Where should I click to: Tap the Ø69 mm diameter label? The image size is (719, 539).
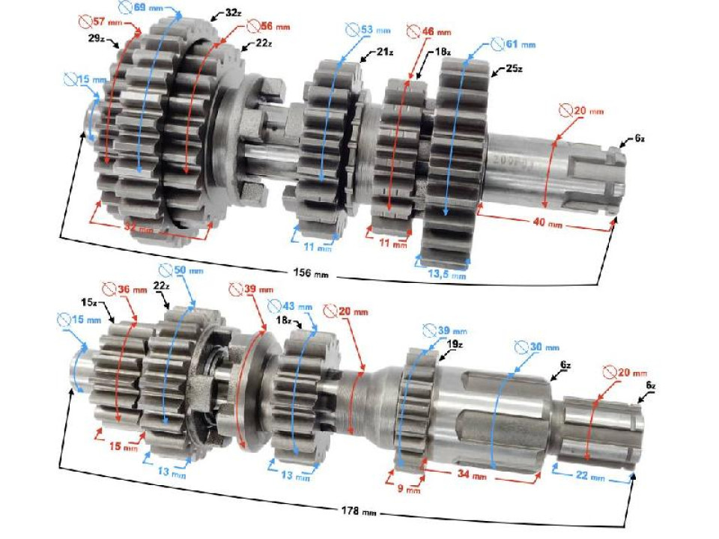136,8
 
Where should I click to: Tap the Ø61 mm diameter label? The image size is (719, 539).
513,44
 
